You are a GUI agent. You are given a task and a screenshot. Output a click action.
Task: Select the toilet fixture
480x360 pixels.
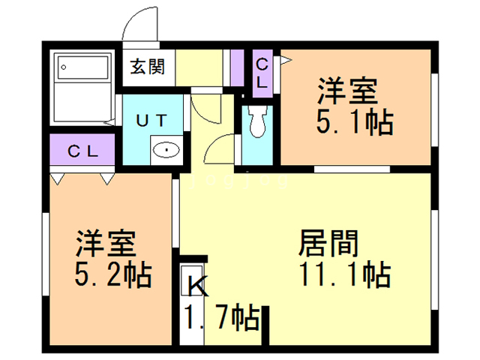tap(259, 120)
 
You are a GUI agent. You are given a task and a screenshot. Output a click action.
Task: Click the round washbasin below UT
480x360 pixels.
tap(166, 149)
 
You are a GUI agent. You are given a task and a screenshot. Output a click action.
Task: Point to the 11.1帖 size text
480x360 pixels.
tap(346, 275)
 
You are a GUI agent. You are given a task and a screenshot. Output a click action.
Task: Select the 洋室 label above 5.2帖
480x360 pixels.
tap(105, 244)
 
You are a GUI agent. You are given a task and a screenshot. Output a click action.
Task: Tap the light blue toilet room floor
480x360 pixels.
tap(259, 154)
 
